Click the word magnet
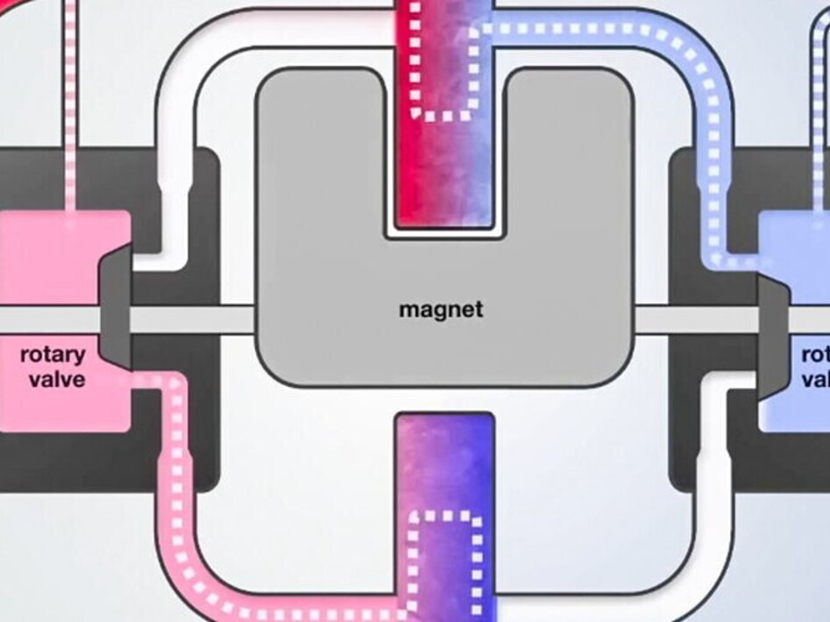[440, 309]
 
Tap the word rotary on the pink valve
[53, 355]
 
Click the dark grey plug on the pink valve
[115, 307]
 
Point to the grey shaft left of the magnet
[193, 319]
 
